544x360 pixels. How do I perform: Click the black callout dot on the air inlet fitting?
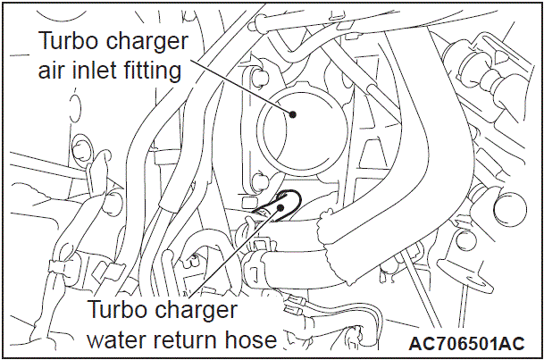[293, 114]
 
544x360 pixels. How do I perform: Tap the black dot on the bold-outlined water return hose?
[280, 208]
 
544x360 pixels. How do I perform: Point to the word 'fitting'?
[151, 72]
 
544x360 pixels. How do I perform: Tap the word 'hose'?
[249, 339]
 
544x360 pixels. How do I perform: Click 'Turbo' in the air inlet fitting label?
[69, 40]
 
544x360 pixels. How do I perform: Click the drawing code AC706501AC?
[466, 343]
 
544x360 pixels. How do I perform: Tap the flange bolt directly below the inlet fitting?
[258, 180]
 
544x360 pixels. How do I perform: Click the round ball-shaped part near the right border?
[510, 209]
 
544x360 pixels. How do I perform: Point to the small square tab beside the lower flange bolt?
[247, 202]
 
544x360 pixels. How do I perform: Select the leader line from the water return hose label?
[234, 253]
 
